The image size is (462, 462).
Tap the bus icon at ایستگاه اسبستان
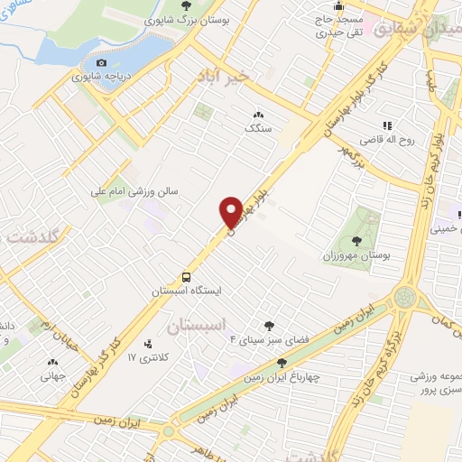tap(186, 277)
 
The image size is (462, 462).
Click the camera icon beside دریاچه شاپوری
tap(101, 62)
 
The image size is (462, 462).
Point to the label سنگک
tap(258, 129)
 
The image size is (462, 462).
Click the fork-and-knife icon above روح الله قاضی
tap(387, 125)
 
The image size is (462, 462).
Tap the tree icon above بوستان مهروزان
tap(357, 240)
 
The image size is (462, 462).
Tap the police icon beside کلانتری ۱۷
tap(150, 343)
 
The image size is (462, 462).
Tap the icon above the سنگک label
tap(258, 115)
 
